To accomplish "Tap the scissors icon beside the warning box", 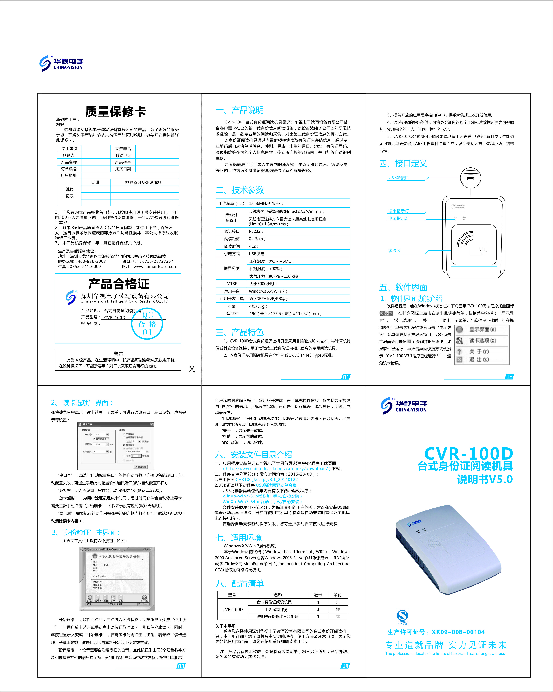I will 192,369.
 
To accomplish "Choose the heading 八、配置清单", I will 240,583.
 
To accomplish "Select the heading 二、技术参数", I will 240,190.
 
